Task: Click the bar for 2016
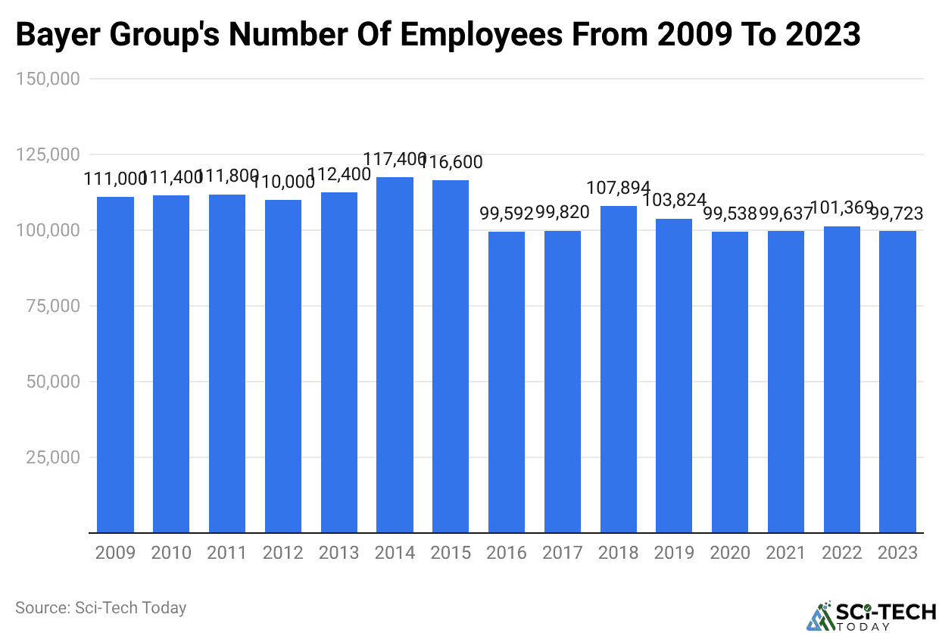click(507, 382)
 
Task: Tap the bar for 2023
click(897, 382)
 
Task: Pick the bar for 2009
click(115, 364)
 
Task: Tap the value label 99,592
click(507, 214)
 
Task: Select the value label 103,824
click(674, 201)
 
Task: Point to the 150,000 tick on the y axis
click(48, 79)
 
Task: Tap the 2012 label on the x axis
click(282, 553)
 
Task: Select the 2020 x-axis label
click(730, 553)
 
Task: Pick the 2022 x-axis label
click(841, 553)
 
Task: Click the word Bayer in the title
click(55, 36)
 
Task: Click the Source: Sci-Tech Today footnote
click(101, 607)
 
